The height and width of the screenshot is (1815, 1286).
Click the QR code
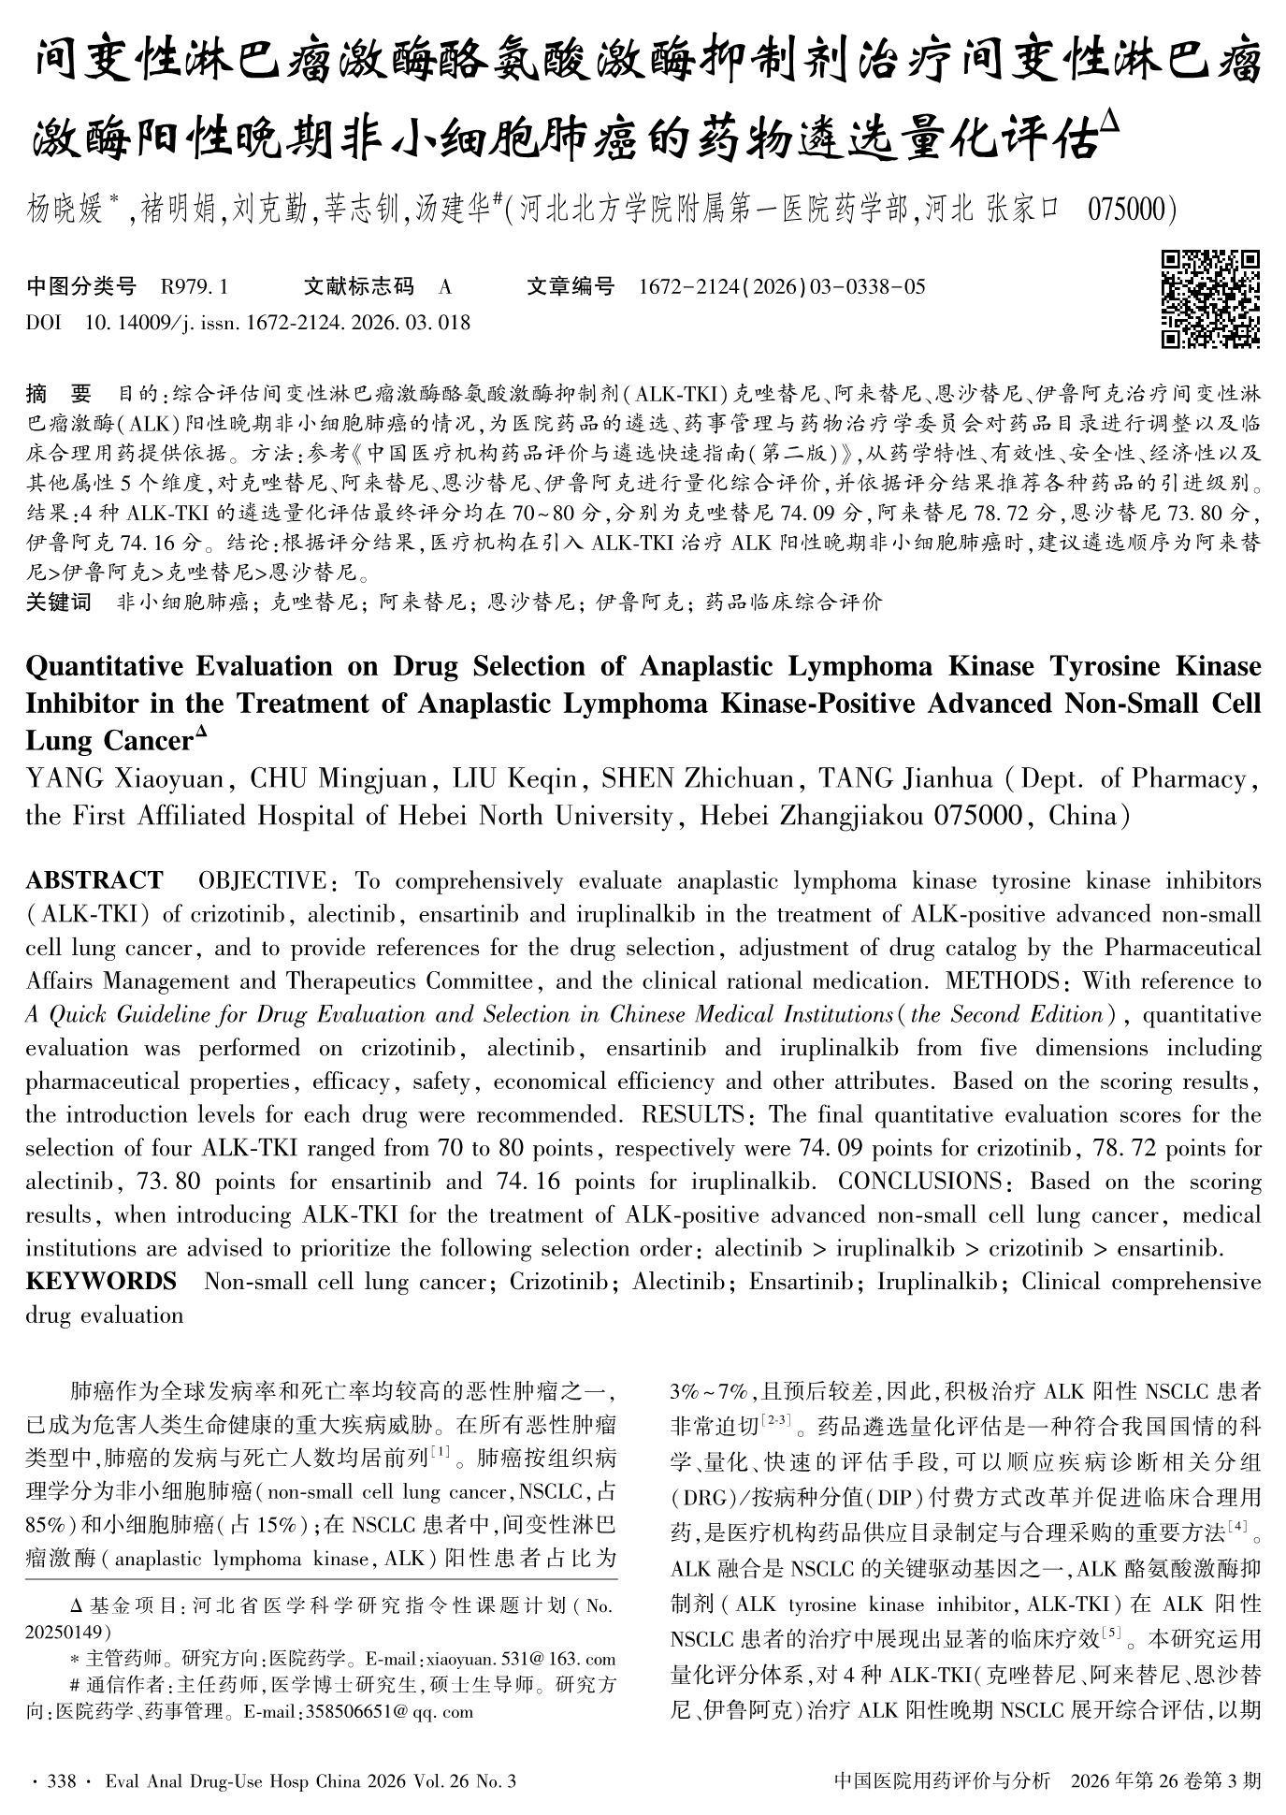click(1210, 298)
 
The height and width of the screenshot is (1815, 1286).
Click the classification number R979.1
click(195, 286)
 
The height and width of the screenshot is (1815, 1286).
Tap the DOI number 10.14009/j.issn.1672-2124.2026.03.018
click(277, 323)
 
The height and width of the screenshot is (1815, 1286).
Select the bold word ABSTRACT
click(94, 880)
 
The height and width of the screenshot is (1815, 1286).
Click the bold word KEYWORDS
click(101, 1281)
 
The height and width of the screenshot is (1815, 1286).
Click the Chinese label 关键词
click(59, 602)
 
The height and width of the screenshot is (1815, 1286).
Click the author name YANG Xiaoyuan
click(124, 778)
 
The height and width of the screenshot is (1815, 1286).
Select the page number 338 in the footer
click(63, 1780)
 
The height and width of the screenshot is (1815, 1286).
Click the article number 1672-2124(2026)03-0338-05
click(781, 286)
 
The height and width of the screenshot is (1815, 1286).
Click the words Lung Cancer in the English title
click(109, 741)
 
